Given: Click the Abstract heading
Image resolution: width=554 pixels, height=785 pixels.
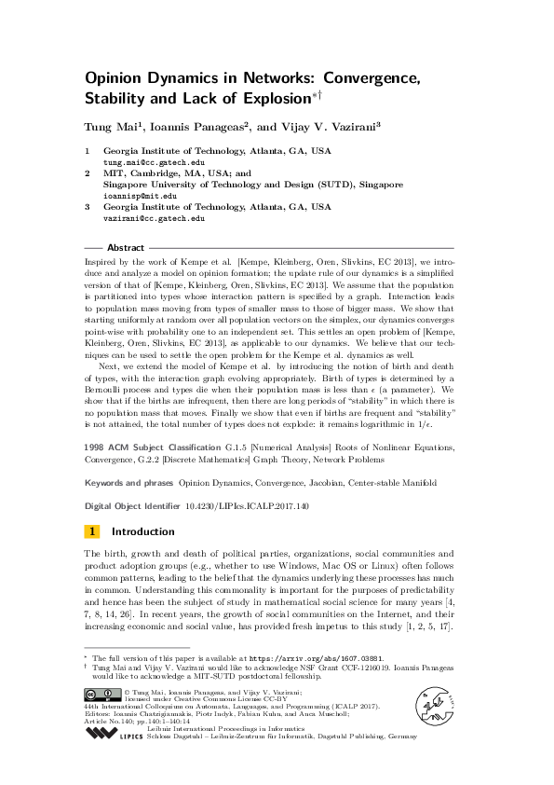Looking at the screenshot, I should point(126,248).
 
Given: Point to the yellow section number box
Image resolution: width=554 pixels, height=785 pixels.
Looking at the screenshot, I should point(92,531).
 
